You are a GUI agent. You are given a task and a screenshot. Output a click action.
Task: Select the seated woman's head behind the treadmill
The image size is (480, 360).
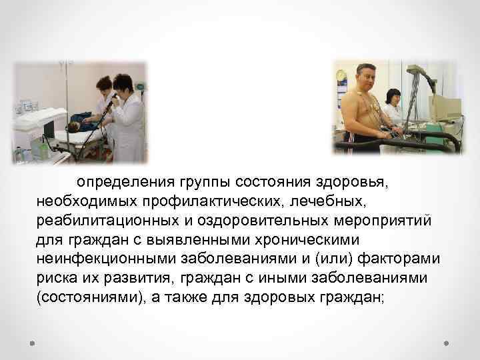(393, 95)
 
